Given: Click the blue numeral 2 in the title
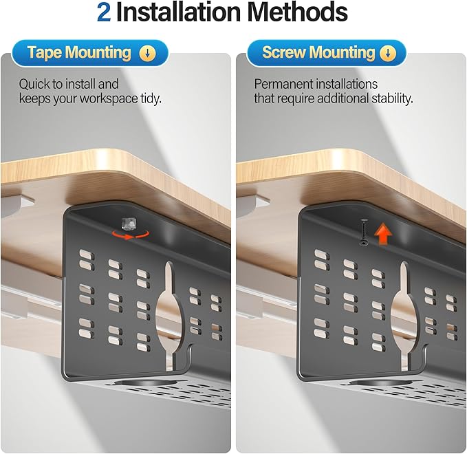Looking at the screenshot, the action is pos(104,12).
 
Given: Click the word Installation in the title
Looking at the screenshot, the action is pos(178,12).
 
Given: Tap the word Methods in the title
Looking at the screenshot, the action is pos(298,12).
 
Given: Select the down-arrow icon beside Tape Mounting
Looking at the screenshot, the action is pos(148,54).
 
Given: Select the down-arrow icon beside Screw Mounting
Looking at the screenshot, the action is pos(388,53).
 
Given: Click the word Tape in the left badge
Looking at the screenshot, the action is pos(44,53).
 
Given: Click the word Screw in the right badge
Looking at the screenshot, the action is pos(284,52).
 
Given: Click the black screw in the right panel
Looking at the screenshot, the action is pos(364,232).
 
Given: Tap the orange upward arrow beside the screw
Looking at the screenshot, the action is pos(383,235).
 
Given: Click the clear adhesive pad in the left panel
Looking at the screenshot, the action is pos(129,224).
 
